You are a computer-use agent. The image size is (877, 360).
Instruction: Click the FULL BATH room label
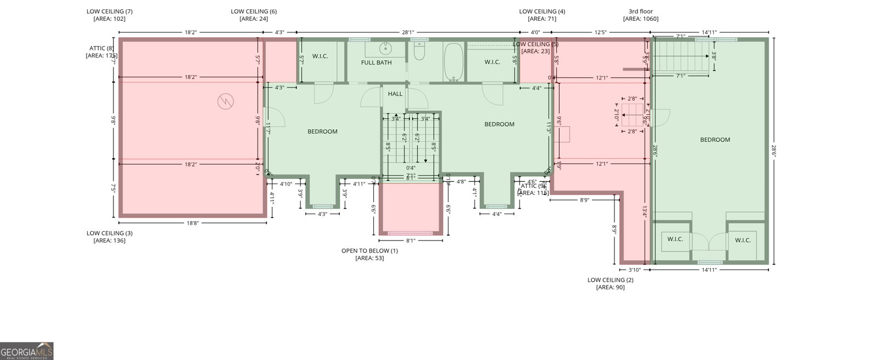(376, 62)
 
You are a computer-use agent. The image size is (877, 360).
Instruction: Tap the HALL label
(395, 94)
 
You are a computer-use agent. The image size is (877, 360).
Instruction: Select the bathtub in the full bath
(453, 62)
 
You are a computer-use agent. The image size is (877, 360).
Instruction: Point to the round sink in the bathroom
(386, 49)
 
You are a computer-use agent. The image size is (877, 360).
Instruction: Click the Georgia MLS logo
(26, 351)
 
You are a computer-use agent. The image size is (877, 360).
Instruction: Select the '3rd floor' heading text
(640, 12)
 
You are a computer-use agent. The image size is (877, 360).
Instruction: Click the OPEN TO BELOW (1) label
(369, 251)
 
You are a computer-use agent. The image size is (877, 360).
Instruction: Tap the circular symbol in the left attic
(225, 101)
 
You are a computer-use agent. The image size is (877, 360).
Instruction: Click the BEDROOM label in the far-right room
(715, 140)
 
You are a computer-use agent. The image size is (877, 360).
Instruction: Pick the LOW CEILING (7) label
(109, 12)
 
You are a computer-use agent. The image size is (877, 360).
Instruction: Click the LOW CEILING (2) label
(610, 280)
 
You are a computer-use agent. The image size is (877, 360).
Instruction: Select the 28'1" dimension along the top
(407, 32)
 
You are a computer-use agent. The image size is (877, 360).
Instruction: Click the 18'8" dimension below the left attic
(192, 223)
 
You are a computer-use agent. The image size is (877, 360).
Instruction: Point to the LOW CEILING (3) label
(109, 233)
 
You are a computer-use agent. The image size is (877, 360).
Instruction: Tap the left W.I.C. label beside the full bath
(320, 56)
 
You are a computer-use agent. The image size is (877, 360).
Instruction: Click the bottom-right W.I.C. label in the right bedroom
(742, 240)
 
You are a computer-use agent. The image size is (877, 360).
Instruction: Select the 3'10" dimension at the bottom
(634, 270)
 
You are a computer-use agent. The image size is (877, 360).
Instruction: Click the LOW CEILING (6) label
(253, 12)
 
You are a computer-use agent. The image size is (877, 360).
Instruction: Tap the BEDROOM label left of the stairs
(322, 132)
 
